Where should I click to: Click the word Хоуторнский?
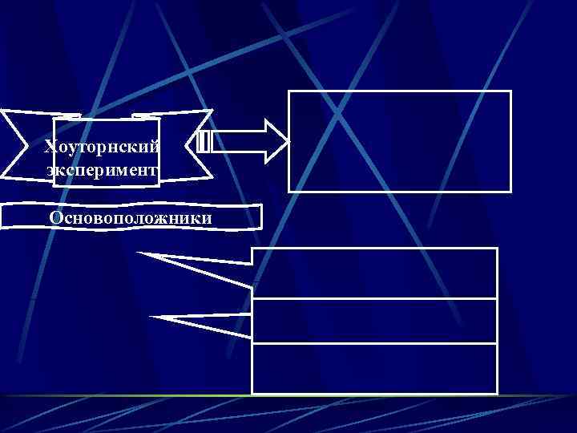[x=102, y=148]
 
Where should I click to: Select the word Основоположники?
[x=131, y=218]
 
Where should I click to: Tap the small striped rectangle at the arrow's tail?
[x=204, y=142]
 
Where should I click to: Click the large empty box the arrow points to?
[x=399, y=141]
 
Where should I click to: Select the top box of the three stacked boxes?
[x=375, y=273]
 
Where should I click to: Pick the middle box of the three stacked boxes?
[x=375, y=321]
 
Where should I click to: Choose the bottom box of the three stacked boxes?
[x=375, y=369]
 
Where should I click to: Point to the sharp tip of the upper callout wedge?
[x=137, y=253]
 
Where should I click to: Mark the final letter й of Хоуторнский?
[x=155, y=148]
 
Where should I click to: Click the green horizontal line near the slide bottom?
[x=288, y=396]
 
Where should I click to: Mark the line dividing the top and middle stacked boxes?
[x=375, y=298]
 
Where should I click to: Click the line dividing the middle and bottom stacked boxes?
[x=375, y=344]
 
